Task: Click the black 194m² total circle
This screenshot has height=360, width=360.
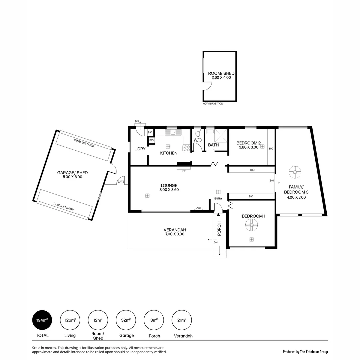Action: point(42,321)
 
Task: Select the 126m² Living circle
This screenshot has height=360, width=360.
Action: point(70,321)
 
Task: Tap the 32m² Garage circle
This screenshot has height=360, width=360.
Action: point(126,321)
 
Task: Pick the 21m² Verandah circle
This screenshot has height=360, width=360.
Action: point(182,321)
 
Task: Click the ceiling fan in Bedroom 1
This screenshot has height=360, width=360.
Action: point(251,225)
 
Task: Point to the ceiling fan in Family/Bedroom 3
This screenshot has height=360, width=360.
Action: point(295,172)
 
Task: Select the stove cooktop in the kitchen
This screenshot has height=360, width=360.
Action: point(186,148)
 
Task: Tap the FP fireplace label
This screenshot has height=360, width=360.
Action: point(184,171)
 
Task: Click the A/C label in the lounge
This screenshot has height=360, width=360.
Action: point(199,208)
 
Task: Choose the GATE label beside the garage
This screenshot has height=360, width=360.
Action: point(120,182)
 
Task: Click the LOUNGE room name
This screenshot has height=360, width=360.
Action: point(169,185)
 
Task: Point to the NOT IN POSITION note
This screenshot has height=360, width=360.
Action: point(213,104)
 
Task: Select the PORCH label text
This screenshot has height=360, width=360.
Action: point(219,229)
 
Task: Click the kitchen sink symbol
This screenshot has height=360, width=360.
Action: point(173,132)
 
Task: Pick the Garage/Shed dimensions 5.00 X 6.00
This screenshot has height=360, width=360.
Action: point(72,177)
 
